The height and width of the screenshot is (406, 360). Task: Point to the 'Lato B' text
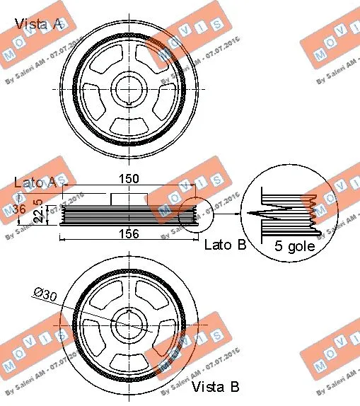[225, 245]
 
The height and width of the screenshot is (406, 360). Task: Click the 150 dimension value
[128, 179]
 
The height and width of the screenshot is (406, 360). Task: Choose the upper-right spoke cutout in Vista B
[157, 303]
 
